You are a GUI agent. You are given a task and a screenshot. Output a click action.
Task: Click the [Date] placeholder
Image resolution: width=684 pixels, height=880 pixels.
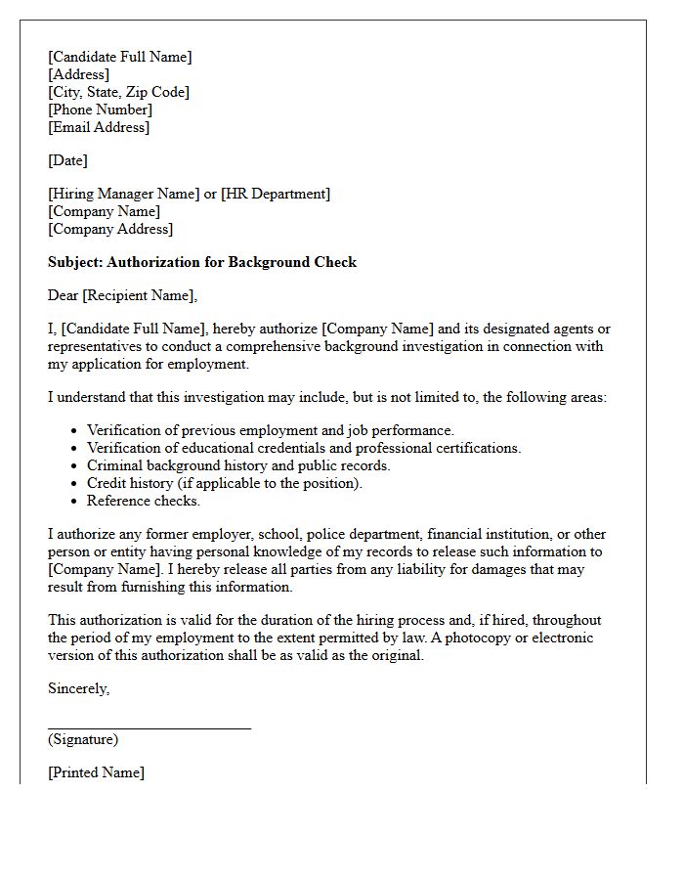pos(67,160)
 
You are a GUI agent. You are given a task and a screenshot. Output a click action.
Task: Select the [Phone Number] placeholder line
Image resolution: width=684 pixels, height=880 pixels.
pos(100,110)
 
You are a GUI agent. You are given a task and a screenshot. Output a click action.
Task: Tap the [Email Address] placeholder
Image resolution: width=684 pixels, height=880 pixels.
pos(99,127)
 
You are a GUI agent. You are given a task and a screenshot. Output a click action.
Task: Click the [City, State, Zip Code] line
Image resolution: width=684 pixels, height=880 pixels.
pos(118,92)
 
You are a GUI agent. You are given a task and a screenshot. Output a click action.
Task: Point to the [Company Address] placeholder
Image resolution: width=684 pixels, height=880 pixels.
pos(110,229)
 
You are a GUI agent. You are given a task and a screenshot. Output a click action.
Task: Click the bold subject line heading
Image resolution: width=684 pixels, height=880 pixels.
pos(202,262)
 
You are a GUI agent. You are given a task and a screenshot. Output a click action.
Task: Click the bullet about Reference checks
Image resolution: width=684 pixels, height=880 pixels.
pos(144,501)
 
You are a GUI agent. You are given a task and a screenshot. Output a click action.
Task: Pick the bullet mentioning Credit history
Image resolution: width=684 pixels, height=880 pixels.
pos(224,483)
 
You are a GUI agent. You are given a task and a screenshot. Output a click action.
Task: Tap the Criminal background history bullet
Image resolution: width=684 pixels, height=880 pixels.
pos(238,465)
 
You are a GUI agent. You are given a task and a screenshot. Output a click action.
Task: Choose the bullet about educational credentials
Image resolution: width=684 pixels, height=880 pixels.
pos(304,448)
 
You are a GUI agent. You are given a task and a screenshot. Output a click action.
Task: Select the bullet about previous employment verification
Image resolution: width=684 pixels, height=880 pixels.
pos(271,430)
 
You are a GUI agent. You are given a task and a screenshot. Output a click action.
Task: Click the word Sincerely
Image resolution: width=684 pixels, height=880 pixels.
pos(79,688)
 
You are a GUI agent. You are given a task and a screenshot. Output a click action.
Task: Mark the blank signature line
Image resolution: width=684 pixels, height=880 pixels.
pos(150,727)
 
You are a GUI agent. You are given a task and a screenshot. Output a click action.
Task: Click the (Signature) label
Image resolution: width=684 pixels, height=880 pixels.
pos(83,739)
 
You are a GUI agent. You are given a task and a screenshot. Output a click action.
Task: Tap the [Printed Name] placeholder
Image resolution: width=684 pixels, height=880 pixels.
pos(96,772)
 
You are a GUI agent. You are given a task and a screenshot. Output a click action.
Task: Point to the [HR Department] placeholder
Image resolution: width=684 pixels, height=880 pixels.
pos(276,194)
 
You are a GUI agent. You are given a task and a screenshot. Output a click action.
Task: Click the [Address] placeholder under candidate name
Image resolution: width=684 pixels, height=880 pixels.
pos(78,74)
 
